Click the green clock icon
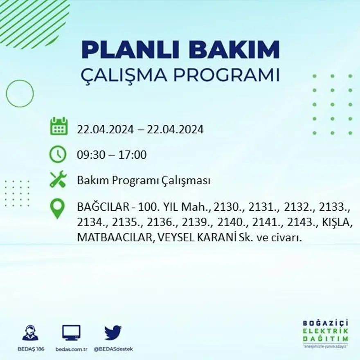point(58,154)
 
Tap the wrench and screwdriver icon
point(58,180)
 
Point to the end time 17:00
point(133,155)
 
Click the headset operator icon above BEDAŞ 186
point(30,333)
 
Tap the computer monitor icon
point(71,333)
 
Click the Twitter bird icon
point(113,332)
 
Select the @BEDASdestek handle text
point(113,349)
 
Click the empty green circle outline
point(20,94)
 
